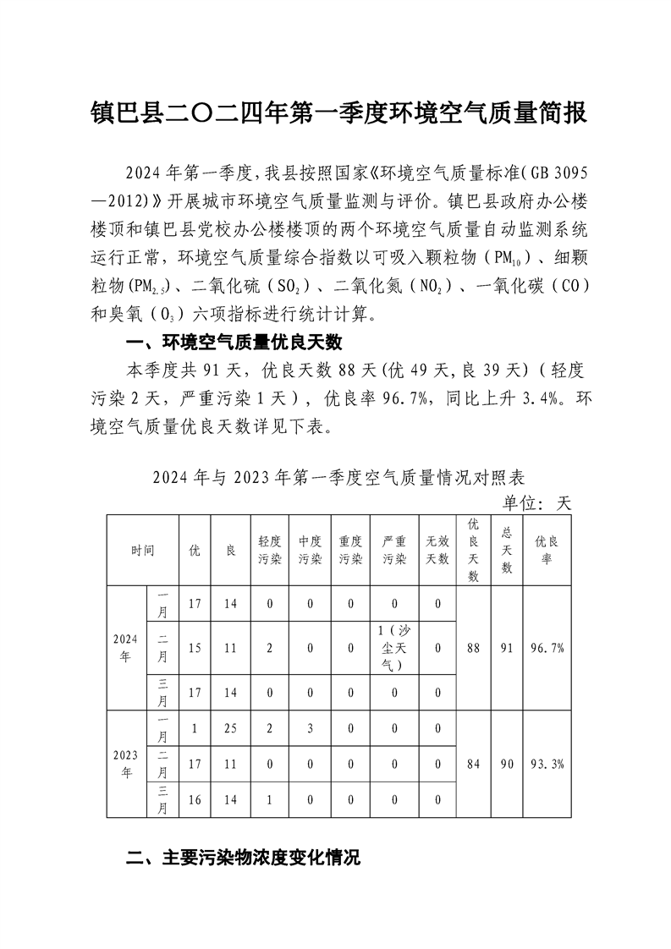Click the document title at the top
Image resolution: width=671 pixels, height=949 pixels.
[338, 113]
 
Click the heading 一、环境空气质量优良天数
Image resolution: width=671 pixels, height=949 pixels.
[233, 343]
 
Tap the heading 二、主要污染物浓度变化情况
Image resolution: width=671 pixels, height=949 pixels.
[243, 858]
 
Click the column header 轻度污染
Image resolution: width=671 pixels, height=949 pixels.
[270, 550]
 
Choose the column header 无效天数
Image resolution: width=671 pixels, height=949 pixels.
[437, 550]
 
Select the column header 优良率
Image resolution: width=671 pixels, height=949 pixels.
[547, 550]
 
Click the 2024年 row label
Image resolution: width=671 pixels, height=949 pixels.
[125, 648]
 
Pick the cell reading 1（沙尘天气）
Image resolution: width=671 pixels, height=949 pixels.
[395, 648]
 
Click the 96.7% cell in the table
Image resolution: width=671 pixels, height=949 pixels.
[547, 648]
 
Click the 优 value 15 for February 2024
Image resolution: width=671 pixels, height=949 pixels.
[195, 648]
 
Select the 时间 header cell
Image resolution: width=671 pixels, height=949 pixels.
[142, 550]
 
